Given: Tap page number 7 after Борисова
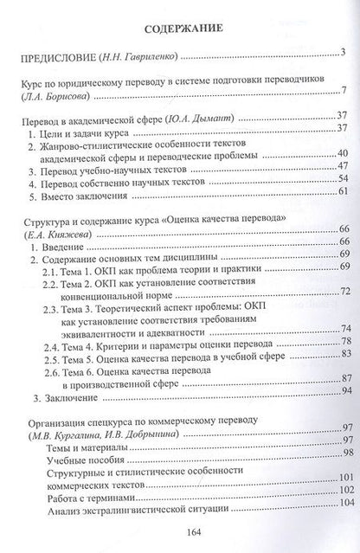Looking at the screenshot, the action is (344, 94).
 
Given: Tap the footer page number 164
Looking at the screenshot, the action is (178, 534).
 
